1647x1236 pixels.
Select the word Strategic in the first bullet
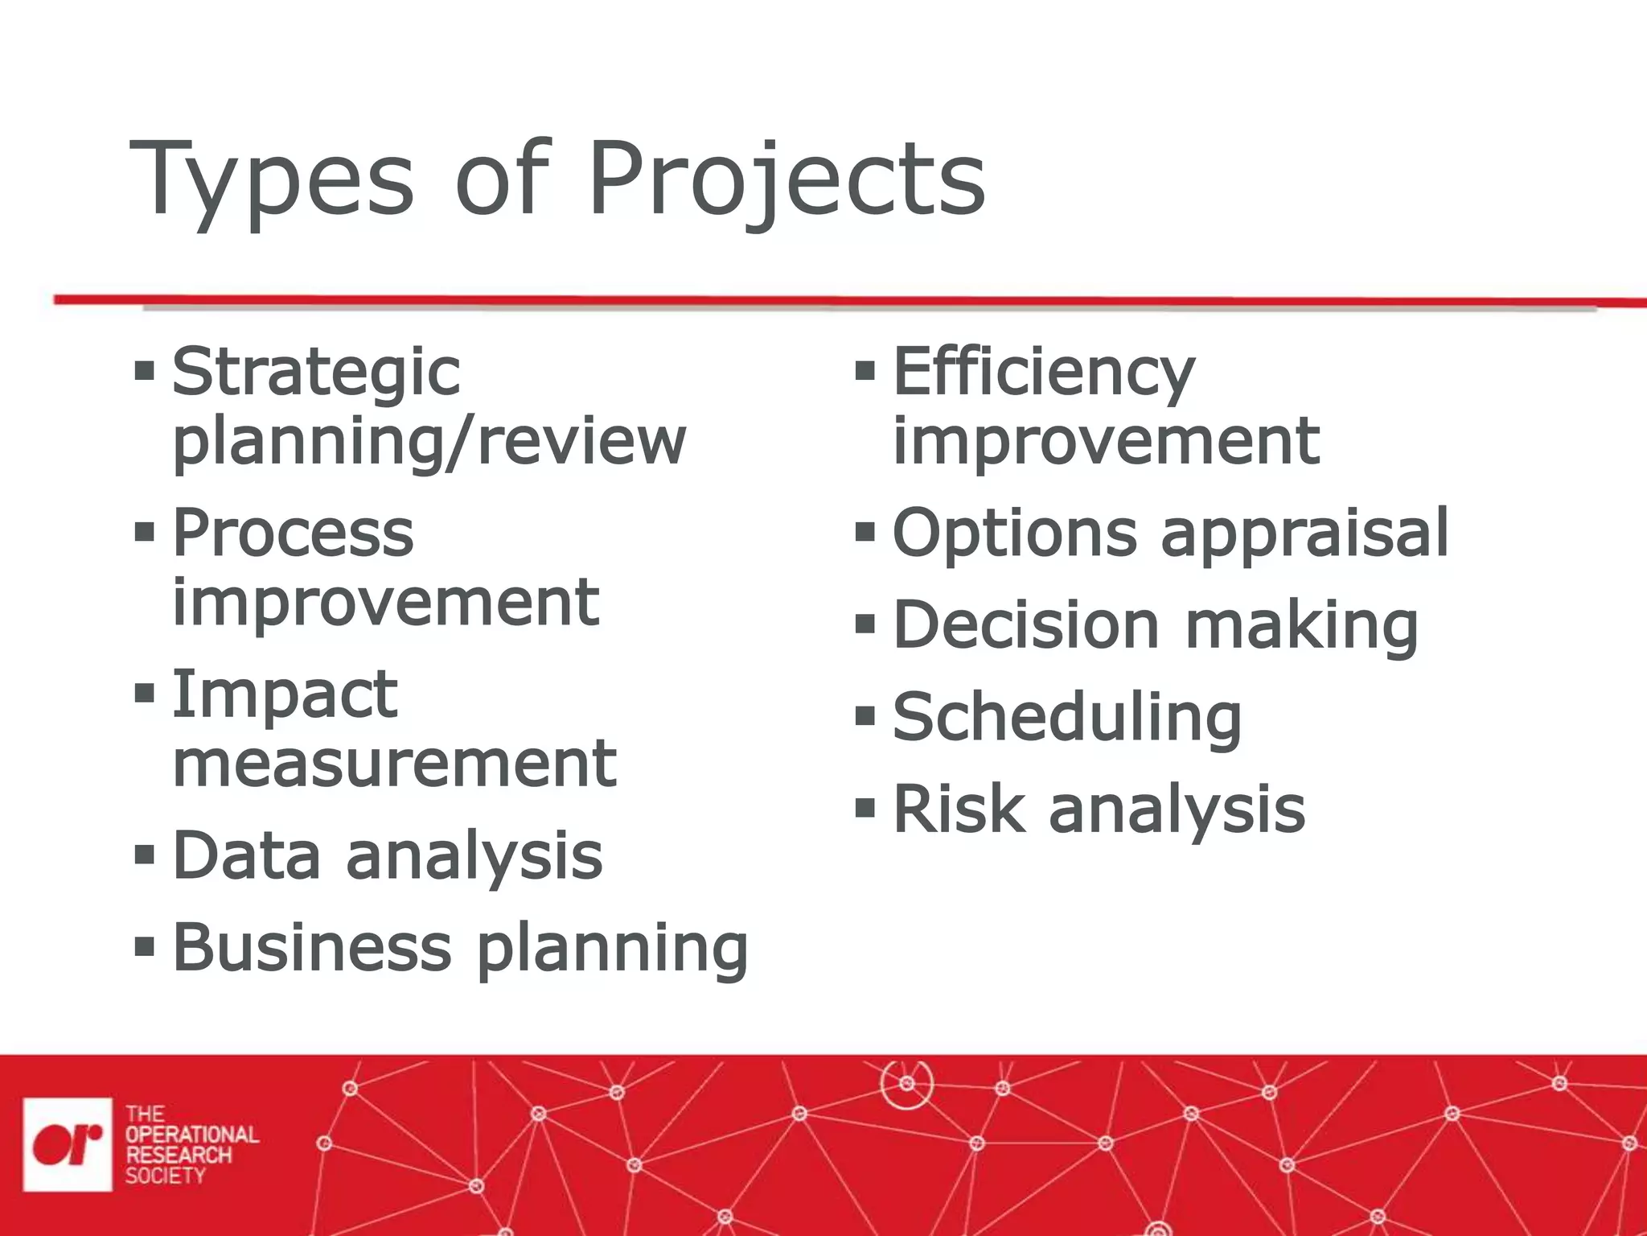tap(316, 373)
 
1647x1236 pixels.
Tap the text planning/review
tap(429, 442)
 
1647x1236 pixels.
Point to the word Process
tap(293, 533)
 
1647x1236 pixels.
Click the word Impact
tap(285, 694)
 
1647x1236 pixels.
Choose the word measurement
tap(394, 764)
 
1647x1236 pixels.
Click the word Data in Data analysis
tap(246, 855)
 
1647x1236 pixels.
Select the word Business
tap(312, 947)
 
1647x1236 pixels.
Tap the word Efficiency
tap(1044, 373)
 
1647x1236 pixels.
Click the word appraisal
tap(1304, 533)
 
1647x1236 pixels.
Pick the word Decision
tap(1026, 625)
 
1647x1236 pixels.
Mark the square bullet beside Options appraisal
tap(865, 532)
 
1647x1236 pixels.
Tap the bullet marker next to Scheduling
tap(865, 716)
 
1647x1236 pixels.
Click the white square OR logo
tap(68, 1144)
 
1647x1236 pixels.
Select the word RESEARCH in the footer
tap(178, 1155)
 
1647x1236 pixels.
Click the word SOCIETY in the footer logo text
tap(165, 1176)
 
